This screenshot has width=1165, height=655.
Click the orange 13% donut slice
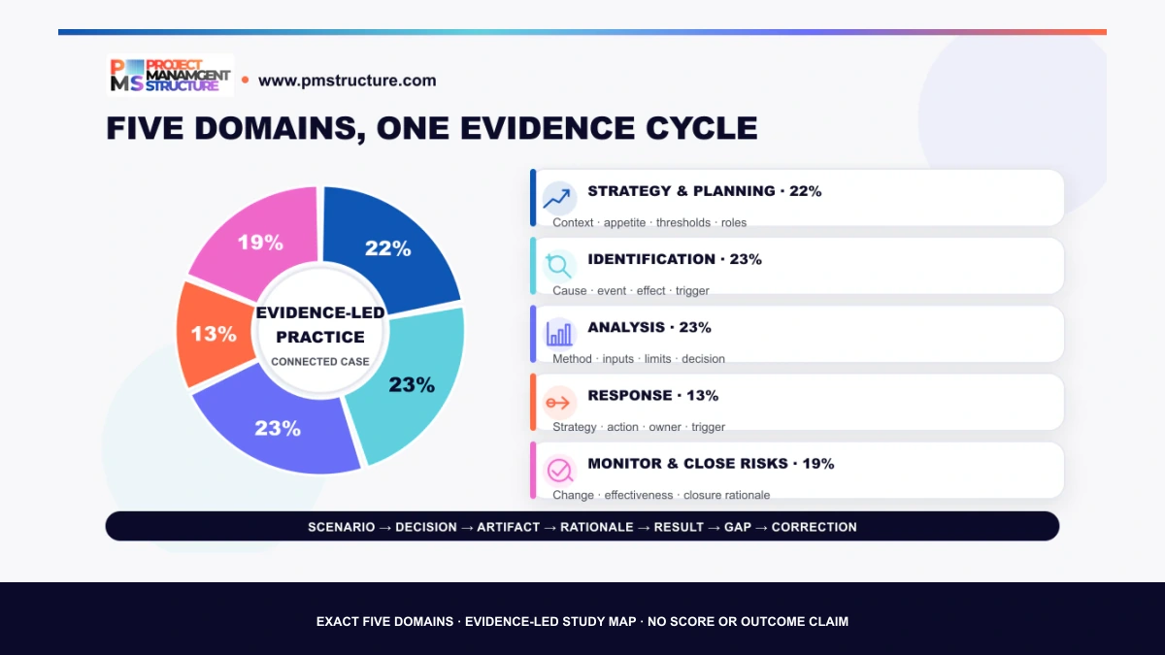pos(214,334)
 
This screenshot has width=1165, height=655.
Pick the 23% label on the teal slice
pos(412,384)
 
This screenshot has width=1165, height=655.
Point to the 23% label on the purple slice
pos(278,428)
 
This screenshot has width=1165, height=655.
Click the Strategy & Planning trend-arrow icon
pos(558,198)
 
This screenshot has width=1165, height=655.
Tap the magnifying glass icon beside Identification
pos(558,266)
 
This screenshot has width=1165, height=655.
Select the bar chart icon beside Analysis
pos(558,334)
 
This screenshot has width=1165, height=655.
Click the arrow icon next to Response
pos(558,403)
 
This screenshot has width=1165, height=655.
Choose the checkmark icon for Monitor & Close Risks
pos(558,471)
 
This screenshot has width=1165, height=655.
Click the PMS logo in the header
pos(171,76)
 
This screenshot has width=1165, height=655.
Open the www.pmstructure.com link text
pos(347,81)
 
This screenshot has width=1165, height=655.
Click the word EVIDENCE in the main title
pos(548,128)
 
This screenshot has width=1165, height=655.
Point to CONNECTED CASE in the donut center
pos(319,362)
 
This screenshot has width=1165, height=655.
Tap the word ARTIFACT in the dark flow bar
pos(508,527)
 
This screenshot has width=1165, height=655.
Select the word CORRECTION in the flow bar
pos(814,527)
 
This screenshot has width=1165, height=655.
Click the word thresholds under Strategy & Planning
pos(682,222)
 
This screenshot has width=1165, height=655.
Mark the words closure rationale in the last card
pos(726,495)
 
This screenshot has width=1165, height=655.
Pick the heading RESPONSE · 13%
pos(652,396)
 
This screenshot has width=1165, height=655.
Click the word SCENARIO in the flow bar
pos(341,527)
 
